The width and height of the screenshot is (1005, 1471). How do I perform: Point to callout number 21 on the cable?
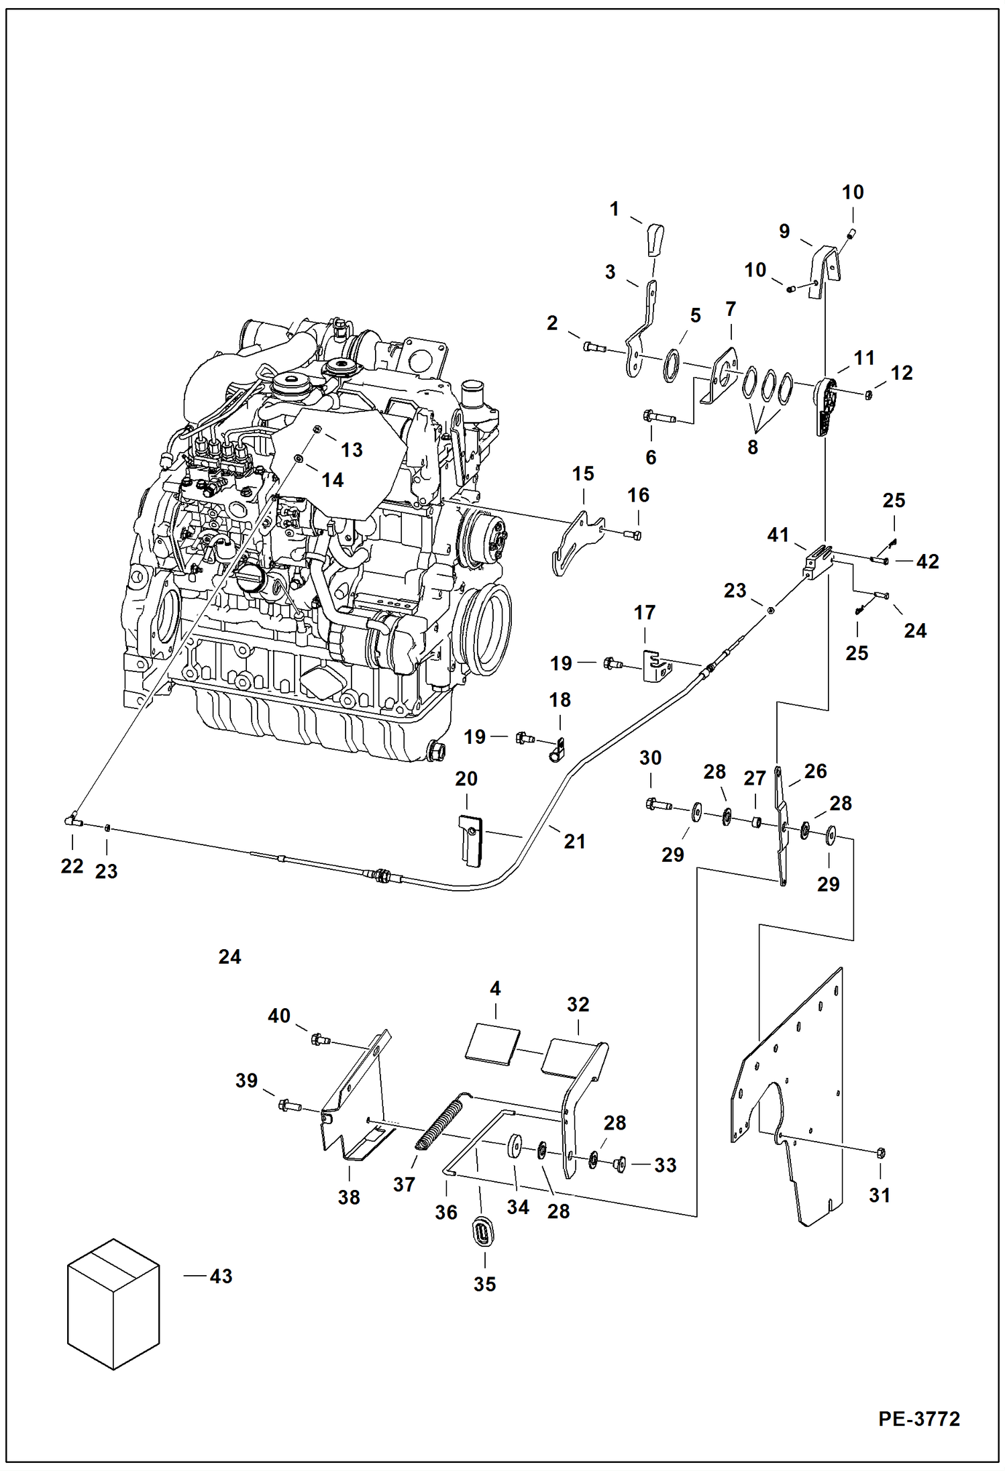574,841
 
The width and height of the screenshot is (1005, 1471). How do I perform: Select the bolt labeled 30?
657,804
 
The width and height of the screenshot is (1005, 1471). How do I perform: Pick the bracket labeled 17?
656,666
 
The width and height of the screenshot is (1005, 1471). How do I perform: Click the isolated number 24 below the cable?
229,957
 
